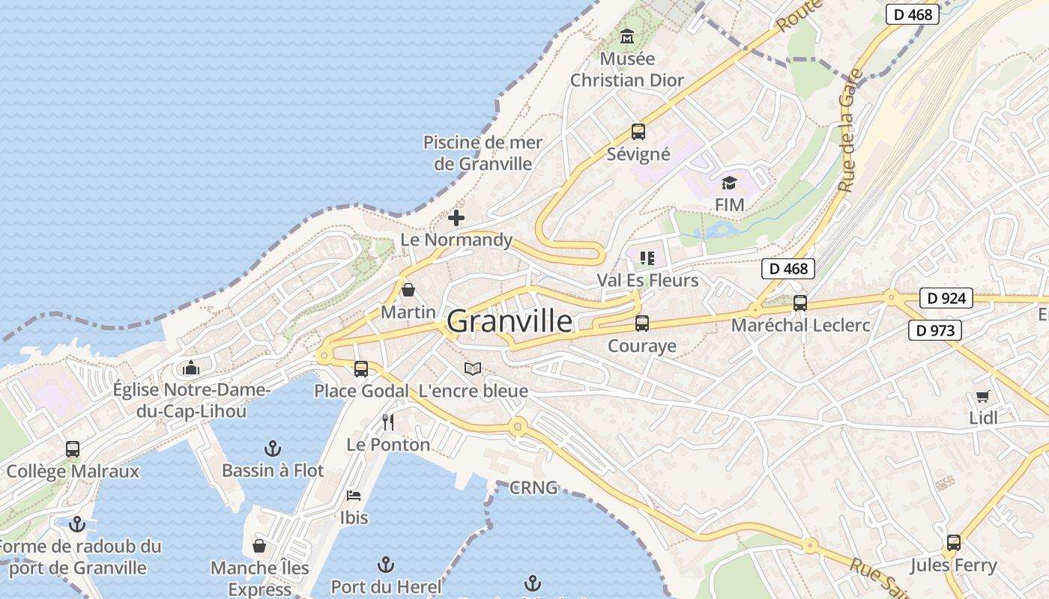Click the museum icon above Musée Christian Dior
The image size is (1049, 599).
(x=627, y=36)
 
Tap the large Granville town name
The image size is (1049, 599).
(x=510, y=321)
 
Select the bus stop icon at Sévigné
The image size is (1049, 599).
(x=638, y=132)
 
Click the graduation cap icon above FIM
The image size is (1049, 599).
(x=729, y=183)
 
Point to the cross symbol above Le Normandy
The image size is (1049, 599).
(x=456, y=218)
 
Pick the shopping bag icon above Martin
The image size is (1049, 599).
(x=408, y=289)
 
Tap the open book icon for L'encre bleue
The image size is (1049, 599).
(x=472, y=368)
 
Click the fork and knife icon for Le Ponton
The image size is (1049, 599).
(x=387, y=422)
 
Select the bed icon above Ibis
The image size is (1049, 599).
(x=354, y=495)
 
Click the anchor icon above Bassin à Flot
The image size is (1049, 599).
(x=273, y=449)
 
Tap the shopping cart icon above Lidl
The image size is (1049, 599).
(x=982, y=396)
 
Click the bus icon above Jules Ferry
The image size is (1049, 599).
(x=953, y=542)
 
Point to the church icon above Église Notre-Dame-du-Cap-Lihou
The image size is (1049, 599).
(x=191, y=368)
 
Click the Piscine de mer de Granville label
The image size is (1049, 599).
(x=483, y=153)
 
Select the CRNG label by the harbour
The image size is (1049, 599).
(x=533, y=488)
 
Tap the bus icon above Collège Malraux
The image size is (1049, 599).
(x=73, y=449)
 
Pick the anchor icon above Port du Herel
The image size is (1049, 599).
(x=385, y=564)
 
